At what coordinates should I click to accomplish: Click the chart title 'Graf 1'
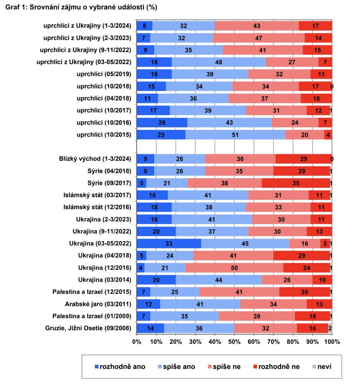(x=81, y=7)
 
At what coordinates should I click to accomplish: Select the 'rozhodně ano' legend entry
(x=120, y=367)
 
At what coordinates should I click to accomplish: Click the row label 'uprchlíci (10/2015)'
(x=104, y=135)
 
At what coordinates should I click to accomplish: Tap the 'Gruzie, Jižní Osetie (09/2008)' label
(x=89, y=328)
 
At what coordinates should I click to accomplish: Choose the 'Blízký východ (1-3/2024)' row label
(x=95, y=159)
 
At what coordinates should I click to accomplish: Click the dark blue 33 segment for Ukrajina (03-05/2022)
(x=169, y=244)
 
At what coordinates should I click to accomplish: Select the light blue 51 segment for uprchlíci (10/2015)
(x=235, y=135)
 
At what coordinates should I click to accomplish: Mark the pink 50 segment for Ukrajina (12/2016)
(x=234, y=268)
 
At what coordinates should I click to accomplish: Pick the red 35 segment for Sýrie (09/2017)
(x=296, y=183)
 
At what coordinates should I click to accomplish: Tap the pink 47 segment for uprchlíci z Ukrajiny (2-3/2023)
(x=259, y=38)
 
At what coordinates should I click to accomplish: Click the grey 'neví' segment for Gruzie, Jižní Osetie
(x=330, y=328)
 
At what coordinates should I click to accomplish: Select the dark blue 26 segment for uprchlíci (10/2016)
(x=162, y=123)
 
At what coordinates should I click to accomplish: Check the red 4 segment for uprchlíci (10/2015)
(x=328, y=135)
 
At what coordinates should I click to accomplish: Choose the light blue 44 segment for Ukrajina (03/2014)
(x=219, y=280)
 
